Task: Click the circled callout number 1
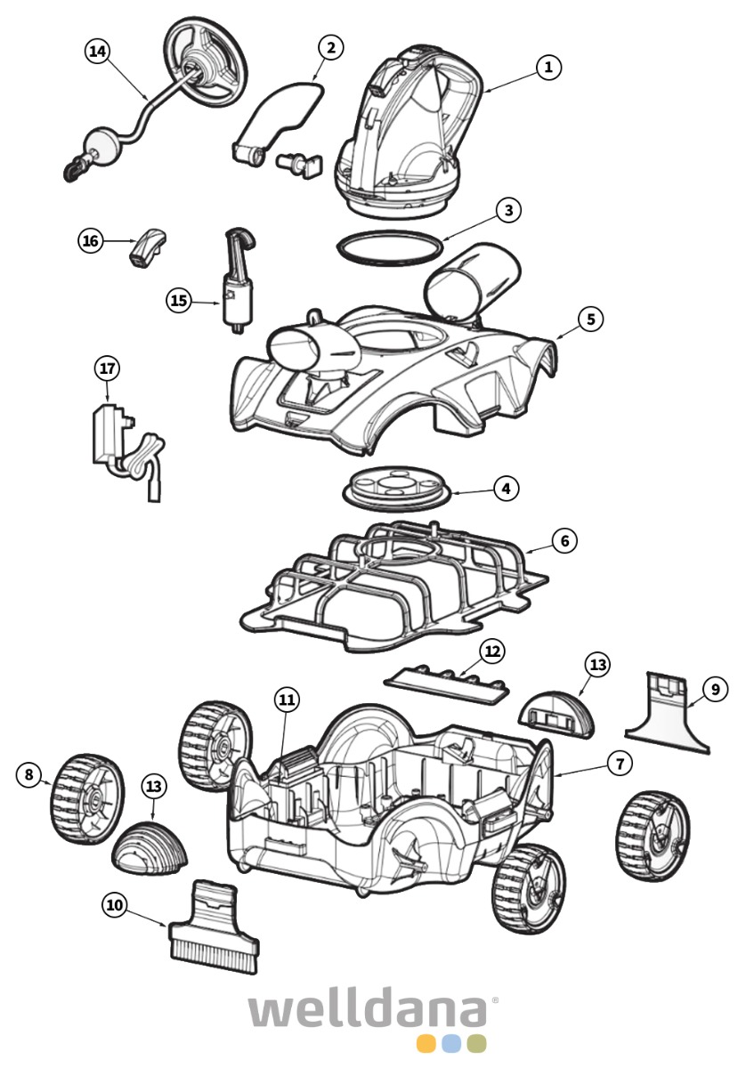[x=549, y=67]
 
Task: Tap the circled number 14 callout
[x=98, y=52]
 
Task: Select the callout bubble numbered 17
[x=108, y=368]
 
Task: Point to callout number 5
[x=589, y=319]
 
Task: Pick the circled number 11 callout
[x=286, y=700]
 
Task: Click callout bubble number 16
[x=91, y=241]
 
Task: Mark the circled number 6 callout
[x=564, y=540]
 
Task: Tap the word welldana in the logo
[x=368, y=1012]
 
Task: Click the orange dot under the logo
[x=426, y=1044]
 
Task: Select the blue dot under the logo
[x=451, y=1044]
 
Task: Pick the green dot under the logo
[x=476, y=1044]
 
